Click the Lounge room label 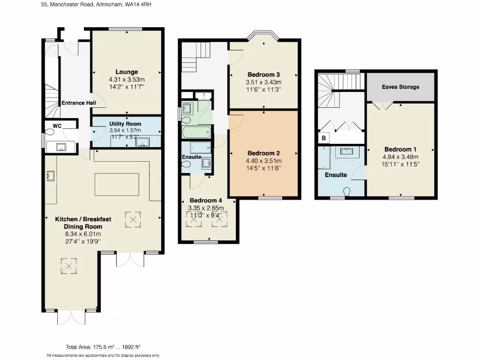[127, 72]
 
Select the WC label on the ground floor [57, 126]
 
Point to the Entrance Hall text [79, 103]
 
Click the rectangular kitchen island [117, 184]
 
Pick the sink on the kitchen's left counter [51, 176]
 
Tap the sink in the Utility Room [141, 142]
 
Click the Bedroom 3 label [264, 75]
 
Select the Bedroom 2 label [264, 153]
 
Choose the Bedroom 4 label [205, 200]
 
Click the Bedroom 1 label [401, 150]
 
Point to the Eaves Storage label [400, 87]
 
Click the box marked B [323, 139]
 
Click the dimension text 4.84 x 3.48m [401, 157]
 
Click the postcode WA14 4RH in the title [138, 4]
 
